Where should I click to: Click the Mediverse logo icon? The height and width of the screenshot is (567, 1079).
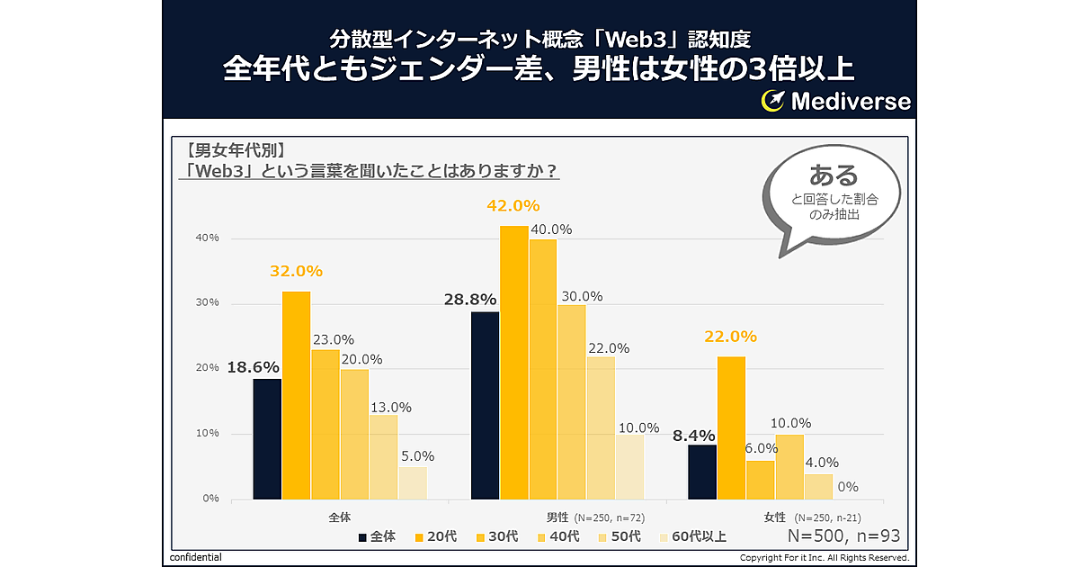point(773,101)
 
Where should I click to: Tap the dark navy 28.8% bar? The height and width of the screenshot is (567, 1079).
point(486,405)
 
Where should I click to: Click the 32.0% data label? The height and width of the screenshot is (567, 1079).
point(296,271)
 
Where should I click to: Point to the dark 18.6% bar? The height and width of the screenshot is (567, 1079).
point(267,438)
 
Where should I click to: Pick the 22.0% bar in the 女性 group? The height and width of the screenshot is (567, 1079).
point(731,427)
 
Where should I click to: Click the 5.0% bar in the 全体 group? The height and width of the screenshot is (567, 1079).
point(413,482)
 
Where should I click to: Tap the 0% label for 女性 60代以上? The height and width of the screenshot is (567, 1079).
point(847,487)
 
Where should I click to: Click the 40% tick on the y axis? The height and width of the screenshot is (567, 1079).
point(208,238)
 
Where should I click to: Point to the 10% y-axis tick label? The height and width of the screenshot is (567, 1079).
point(208,434)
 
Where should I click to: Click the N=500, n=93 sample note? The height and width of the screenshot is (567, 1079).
point(843,536)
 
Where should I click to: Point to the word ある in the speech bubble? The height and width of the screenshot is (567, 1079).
point(834,175)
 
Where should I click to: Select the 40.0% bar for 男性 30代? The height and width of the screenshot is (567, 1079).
point(542,369)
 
